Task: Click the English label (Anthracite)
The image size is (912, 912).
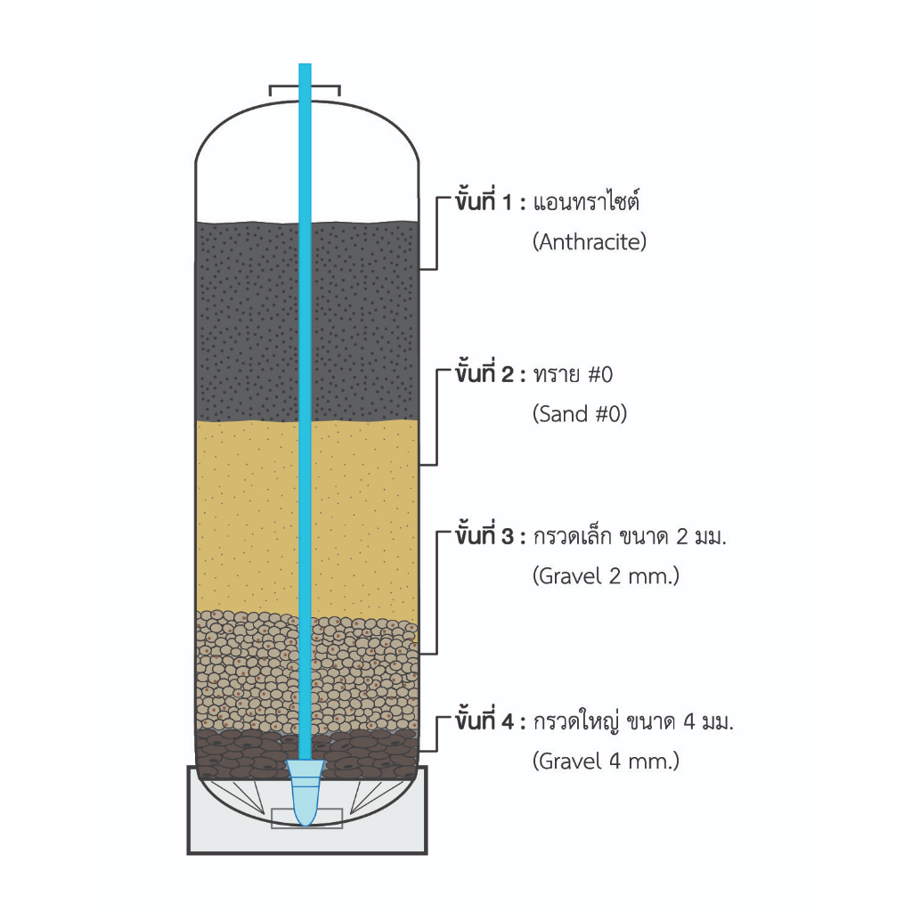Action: pyautogui.click(x=590, y=241)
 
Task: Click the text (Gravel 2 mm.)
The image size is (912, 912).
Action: pyautogui.click(x=607, y=576)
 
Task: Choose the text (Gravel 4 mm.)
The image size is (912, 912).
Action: pyautogui.click(x=607, y=761)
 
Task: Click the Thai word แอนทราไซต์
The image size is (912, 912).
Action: pyautogui.click(x=587, y=203)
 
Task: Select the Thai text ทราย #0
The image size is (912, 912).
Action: pyautogui.click(x=573, y=375)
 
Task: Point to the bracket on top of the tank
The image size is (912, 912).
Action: pyautogui.click(x=305, y=89)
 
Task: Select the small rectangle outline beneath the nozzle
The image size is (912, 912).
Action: pyautogui.click(x=330, y=818)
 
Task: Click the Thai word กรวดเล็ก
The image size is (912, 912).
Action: pyautogui.click(x=573, y=538)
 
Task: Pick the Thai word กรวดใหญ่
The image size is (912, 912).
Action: pyautogui.click(x=576, y=722)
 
